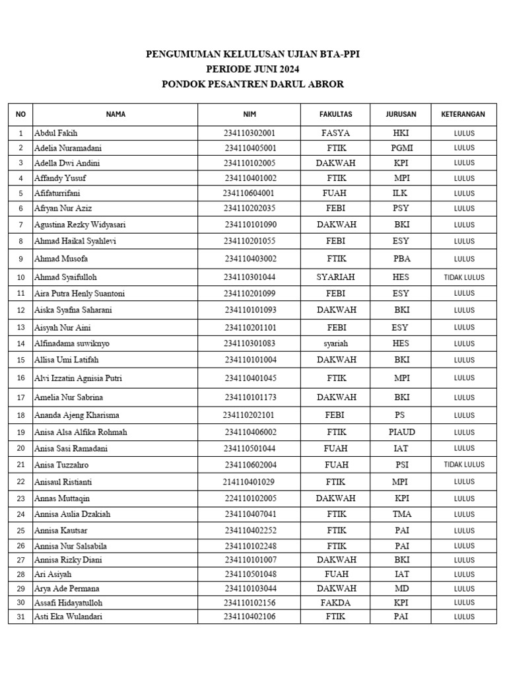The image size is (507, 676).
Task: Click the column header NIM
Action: [x=249, y=114]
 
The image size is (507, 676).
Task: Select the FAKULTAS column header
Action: [x=335, y=114]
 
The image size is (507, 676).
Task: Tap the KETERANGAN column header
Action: [x=463, y=114]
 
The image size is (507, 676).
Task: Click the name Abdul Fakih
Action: [x=55, y=133]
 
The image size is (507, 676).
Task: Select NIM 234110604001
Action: [x=248, y=193]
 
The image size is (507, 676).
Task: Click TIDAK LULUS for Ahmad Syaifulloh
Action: [x=464, y=277]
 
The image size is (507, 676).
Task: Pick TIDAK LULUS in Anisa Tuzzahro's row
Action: [x=464, y=465]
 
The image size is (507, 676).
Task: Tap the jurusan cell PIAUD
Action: [x=401, y=432]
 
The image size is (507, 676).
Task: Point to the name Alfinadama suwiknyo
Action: [x=72, y=343]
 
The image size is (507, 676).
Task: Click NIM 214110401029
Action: [x=248, y=482]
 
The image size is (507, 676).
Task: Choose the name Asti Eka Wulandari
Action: [x=68, y=617]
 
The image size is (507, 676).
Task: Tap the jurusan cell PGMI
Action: [x=401, y=148]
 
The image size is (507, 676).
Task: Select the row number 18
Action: [x=20, y=415]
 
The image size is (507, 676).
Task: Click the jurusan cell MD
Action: [x=401, y=588]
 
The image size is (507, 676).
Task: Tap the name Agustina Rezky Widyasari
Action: [x=80, y=224]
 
